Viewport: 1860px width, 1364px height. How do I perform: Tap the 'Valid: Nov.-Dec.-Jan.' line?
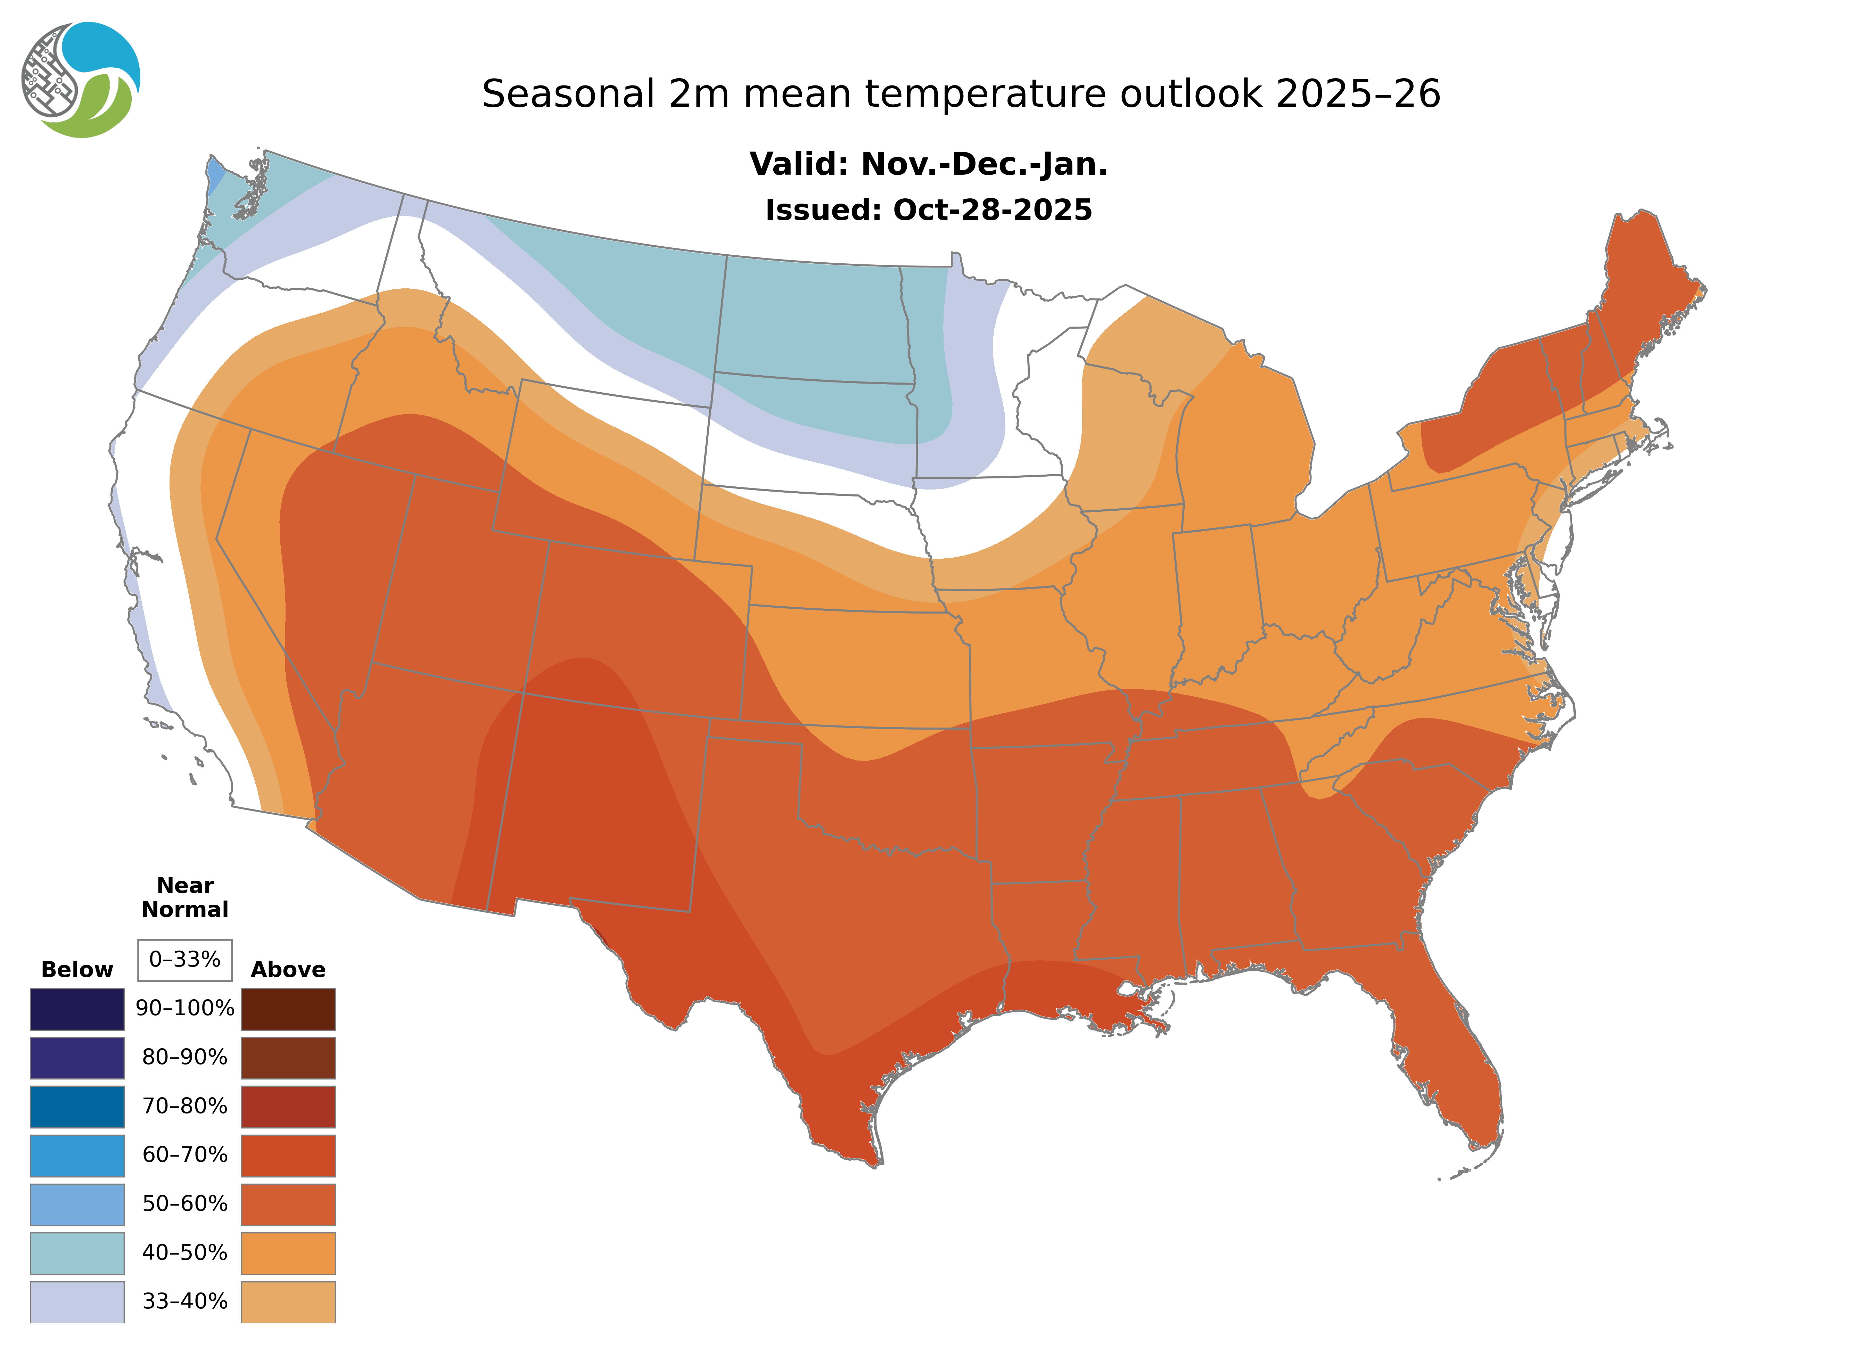pyautogui.click(x=928, y=164)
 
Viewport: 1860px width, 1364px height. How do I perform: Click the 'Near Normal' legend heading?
pyautogui.click(x=185, y=897)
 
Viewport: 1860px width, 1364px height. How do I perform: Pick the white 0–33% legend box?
pyautogui.click(x=185, y=960)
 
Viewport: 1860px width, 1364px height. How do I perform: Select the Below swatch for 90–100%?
pyautogui.click(x=77, y=1009)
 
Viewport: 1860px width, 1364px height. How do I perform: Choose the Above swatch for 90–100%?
pyautogui.click(x=288, y=1009)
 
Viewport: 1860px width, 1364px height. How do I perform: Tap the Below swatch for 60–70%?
pyautogui.click(x=77, y=1155)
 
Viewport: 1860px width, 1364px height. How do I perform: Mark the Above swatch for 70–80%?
pyautogui.click(x=288, y=1107)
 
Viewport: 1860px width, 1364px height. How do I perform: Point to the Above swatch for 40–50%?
pyautogui.click(x=288, y=1252)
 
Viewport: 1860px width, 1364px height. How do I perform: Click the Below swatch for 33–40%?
pyautogui.click(x=77, y=1301)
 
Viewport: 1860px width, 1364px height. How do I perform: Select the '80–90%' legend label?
pyautogui.click(x=185, y=1058)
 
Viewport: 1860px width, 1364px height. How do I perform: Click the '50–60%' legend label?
pyautogui.click(x=185, y=1204)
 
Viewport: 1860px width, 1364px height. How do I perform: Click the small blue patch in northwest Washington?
pyautogui.click(x=215, y=173)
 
